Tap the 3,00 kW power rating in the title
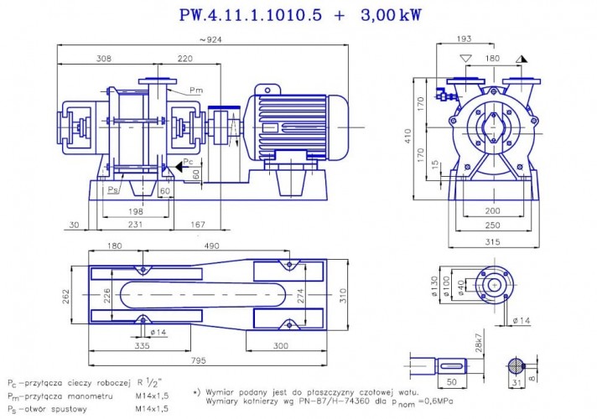[x=391, y=15]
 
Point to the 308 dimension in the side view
[x=103, y=59]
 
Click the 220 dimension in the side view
[x=185, y=59]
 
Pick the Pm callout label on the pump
[x=195, y=90]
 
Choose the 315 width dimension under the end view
[x=491, y=241]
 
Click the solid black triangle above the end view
[x=522, y=59]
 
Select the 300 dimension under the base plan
[x=280, y=344]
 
